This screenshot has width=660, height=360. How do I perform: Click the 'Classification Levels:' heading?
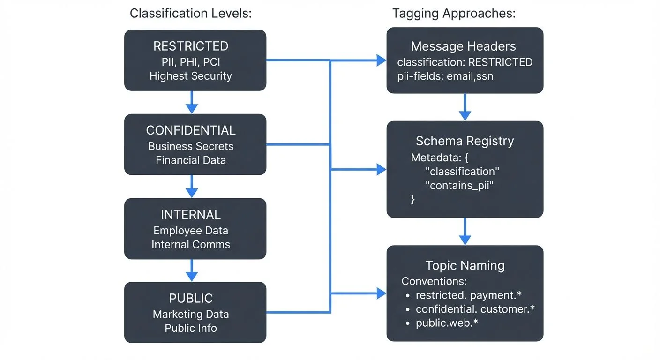191,14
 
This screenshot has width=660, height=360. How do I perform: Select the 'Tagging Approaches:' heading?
454,14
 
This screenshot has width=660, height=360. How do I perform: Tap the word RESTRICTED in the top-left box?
191,46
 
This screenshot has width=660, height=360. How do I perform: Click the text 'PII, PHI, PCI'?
191,62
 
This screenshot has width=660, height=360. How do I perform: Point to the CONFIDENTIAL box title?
191,130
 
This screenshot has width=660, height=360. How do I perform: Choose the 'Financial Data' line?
191,160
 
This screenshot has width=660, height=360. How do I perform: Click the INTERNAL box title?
191,215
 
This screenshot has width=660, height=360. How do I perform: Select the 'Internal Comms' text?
191,244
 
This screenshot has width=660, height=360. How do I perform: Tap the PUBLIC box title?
191,299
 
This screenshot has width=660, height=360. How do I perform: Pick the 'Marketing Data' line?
191,314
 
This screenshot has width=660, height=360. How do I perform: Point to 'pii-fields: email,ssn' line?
445,76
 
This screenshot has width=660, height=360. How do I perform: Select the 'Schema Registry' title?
465,141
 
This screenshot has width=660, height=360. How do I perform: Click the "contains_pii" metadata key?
459,186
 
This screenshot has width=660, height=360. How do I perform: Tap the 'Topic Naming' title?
465,266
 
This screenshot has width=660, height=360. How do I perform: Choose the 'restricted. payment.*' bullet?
469,295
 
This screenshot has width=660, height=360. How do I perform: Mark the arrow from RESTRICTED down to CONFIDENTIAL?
191,102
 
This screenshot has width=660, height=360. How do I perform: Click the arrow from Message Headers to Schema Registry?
465,107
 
